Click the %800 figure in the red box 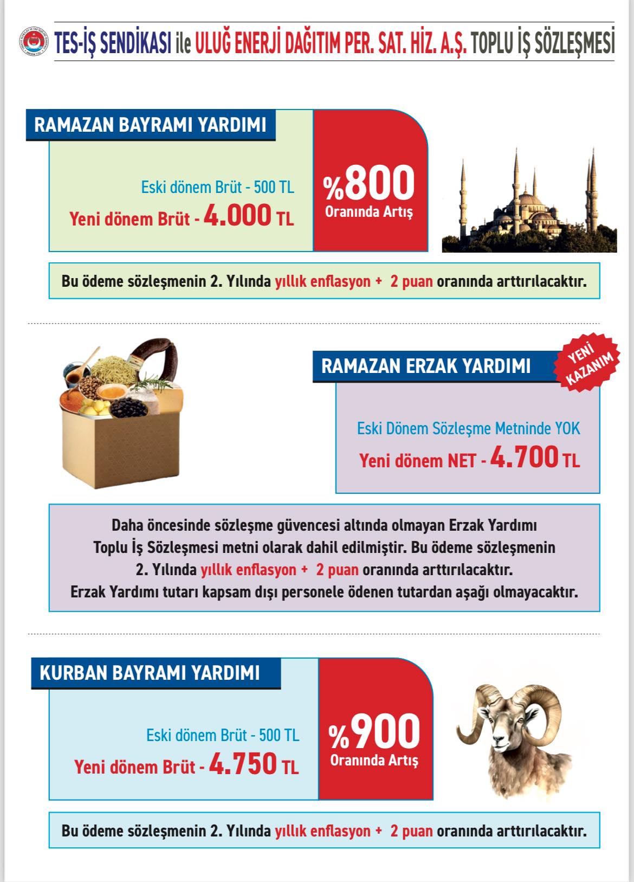[370, 183]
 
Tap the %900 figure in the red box [375, 731]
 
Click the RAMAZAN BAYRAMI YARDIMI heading [150, 125]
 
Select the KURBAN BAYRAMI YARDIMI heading [150, 673]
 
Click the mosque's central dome [530, 202]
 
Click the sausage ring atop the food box [157, 358]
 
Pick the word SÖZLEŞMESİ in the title [574, 43]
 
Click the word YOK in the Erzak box [567, 428]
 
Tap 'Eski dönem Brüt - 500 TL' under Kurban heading [222, 735]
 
